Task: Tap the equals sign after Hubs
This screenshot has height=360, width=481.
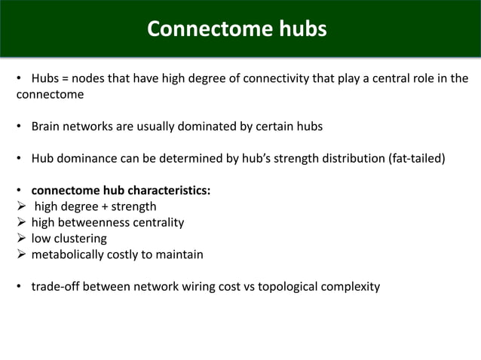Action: click(x=63, y=79)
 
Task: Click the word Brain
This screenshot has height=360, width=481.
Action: click(x=47, y=127)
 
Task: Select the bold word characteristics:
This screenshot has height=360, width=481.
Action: click(x=164, y=191)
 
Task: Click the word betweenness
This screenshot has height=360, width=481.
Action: click(x=93, y=223)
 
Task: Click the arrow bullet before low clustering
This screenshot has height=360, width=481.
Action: click(x=21, y=239)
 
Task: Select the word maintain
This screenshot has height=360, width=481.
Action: click(x=179, y=255)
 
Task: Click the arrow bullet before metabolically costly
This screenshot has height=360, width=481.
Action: click(x=21, y=255)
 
